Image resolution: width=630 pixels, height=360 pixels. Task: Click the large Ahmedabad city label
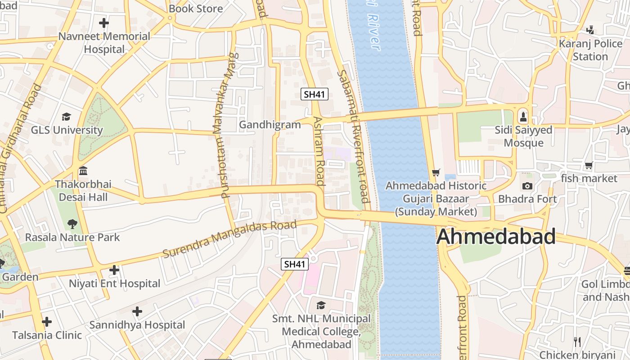496,237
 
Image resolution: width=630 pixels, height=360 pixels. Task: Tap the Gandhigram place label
270,125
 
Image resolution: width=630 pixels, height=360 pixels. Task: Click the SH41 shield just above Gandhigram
315,94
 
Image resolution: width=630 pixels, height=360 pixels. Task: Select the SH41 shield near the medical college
295,264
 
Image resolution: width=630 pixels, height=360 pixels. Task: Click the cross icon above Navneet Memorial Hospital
104,22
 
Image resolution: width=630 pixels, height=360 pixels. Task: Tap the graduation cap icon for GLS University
67,117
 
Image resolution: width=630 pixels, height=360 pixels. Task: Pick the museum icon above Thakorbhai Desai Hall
83,171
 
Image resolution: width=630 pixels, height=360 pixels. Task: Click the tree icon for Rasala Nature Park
72,224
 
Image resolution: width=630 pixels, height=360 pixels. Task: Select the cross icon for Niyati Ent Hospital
114,270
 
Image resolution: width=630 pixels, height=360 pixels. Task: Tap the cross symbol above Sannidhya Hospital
137,311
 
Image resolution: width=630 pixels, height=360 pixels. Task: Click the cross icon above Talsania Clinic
47,322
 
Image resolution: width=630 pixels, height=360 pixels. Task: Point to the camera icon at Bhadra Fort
527,186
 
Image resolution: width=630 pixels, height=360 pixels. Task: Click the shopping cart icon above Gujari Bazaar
436,172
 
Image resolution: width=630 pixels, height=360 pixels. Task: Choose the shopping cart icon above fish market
589,166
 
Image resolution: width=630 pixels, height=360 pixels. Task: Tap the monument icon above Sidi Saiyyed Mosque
523,117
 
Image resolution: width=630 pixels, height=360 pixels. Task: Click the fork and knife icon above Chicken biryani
577,342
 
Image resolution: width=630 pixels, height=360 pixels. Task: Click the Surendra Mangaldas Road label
229,239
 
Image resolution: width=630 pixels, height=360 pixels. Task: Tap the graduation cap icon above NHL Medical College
321,306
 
